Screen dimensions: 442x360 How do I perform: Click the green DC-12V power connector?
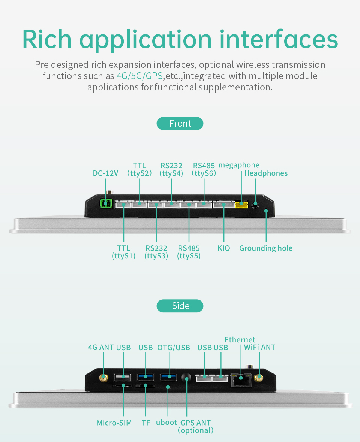pyautogui.click(x=106, y=203)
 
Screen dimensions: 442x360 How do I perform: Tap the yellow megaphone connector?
pyautogui.click(x=241, y=205)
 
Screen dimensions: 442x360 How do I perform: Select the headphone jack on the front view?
pyautogui.click(x=256, y=205)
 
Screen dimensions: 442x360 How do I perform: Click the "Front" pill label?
pyautogui.click(x=180, y=124)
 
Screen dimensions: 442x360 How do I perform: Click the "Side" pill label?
pyautogui.click(x=180, y=306)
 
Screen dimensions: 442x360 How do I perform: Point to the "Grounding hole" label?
pyautogui.click(x=266, y=248)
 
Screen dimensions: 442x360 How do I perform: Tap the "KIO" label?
pyautogui.click(x=224, y=248)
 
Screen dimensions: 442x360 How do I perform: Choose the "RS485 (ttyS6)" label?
pyautogui.click(x=204, y=169)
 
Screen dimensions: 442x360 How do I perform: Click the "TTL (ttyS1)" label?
pyautogui.click(x=123, y=252)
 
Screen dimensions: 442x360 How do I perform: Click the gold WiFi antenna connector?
pyautogui.click(x=258, y=378)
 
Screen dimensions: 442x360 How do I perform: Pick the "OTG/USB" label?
pyautogui.click(x=174, y=348)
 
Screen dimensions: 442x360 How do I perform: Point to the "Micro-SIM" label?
pyautogui.click(x=114, y=423)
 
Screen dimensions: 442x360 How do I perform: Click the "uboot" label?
pyautogui.click(x=166, y=423)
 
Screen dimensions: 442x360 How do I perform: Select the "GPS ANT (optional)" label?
pyautogui.click(x=195, y=426)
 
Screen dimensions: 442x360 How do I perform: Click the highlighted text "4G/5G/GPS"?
pyautogui.click(x=139, y=76)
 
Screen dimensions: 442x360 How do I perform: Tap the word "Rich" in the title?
pyautogui.click(x=47, y=39)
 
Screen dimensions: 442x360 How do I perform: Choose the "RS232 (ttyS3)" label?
pyautogui.click(x=156, y=252)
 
